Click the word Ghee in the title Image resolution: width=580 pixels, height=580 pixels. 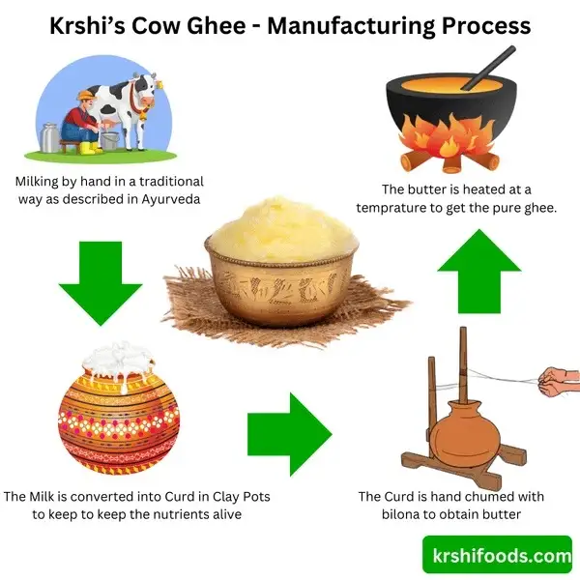(216, 26)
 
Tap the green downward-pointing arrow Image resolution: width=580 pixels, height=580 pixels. (101, 283)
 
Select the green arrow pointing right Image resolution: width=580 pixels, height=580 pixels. (290, 434)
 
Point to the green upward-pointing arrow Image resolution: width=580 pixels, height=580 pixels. (479, 271)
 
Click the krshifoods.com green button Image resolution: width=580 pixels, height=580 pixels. (497, 554)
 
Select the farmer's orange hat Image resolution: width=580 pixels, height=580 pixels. (87, 96)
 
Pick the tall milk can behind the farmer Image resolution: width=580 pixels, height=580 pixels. (49, 137)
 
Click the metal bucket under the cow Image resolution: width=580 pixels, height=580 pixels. (109, 141)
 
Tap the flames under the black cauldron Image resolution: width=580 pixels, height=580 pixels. (449, 137)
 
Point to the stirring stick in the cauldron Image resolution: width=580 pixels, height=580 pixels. (487, 68)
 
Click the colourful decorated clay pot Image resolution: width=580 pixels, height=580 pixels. (119, 420)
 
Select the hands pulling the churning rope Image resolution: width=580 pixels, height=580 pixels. (558, 382)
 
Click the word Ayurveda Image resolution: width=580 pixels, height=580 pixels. (171, 199)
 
